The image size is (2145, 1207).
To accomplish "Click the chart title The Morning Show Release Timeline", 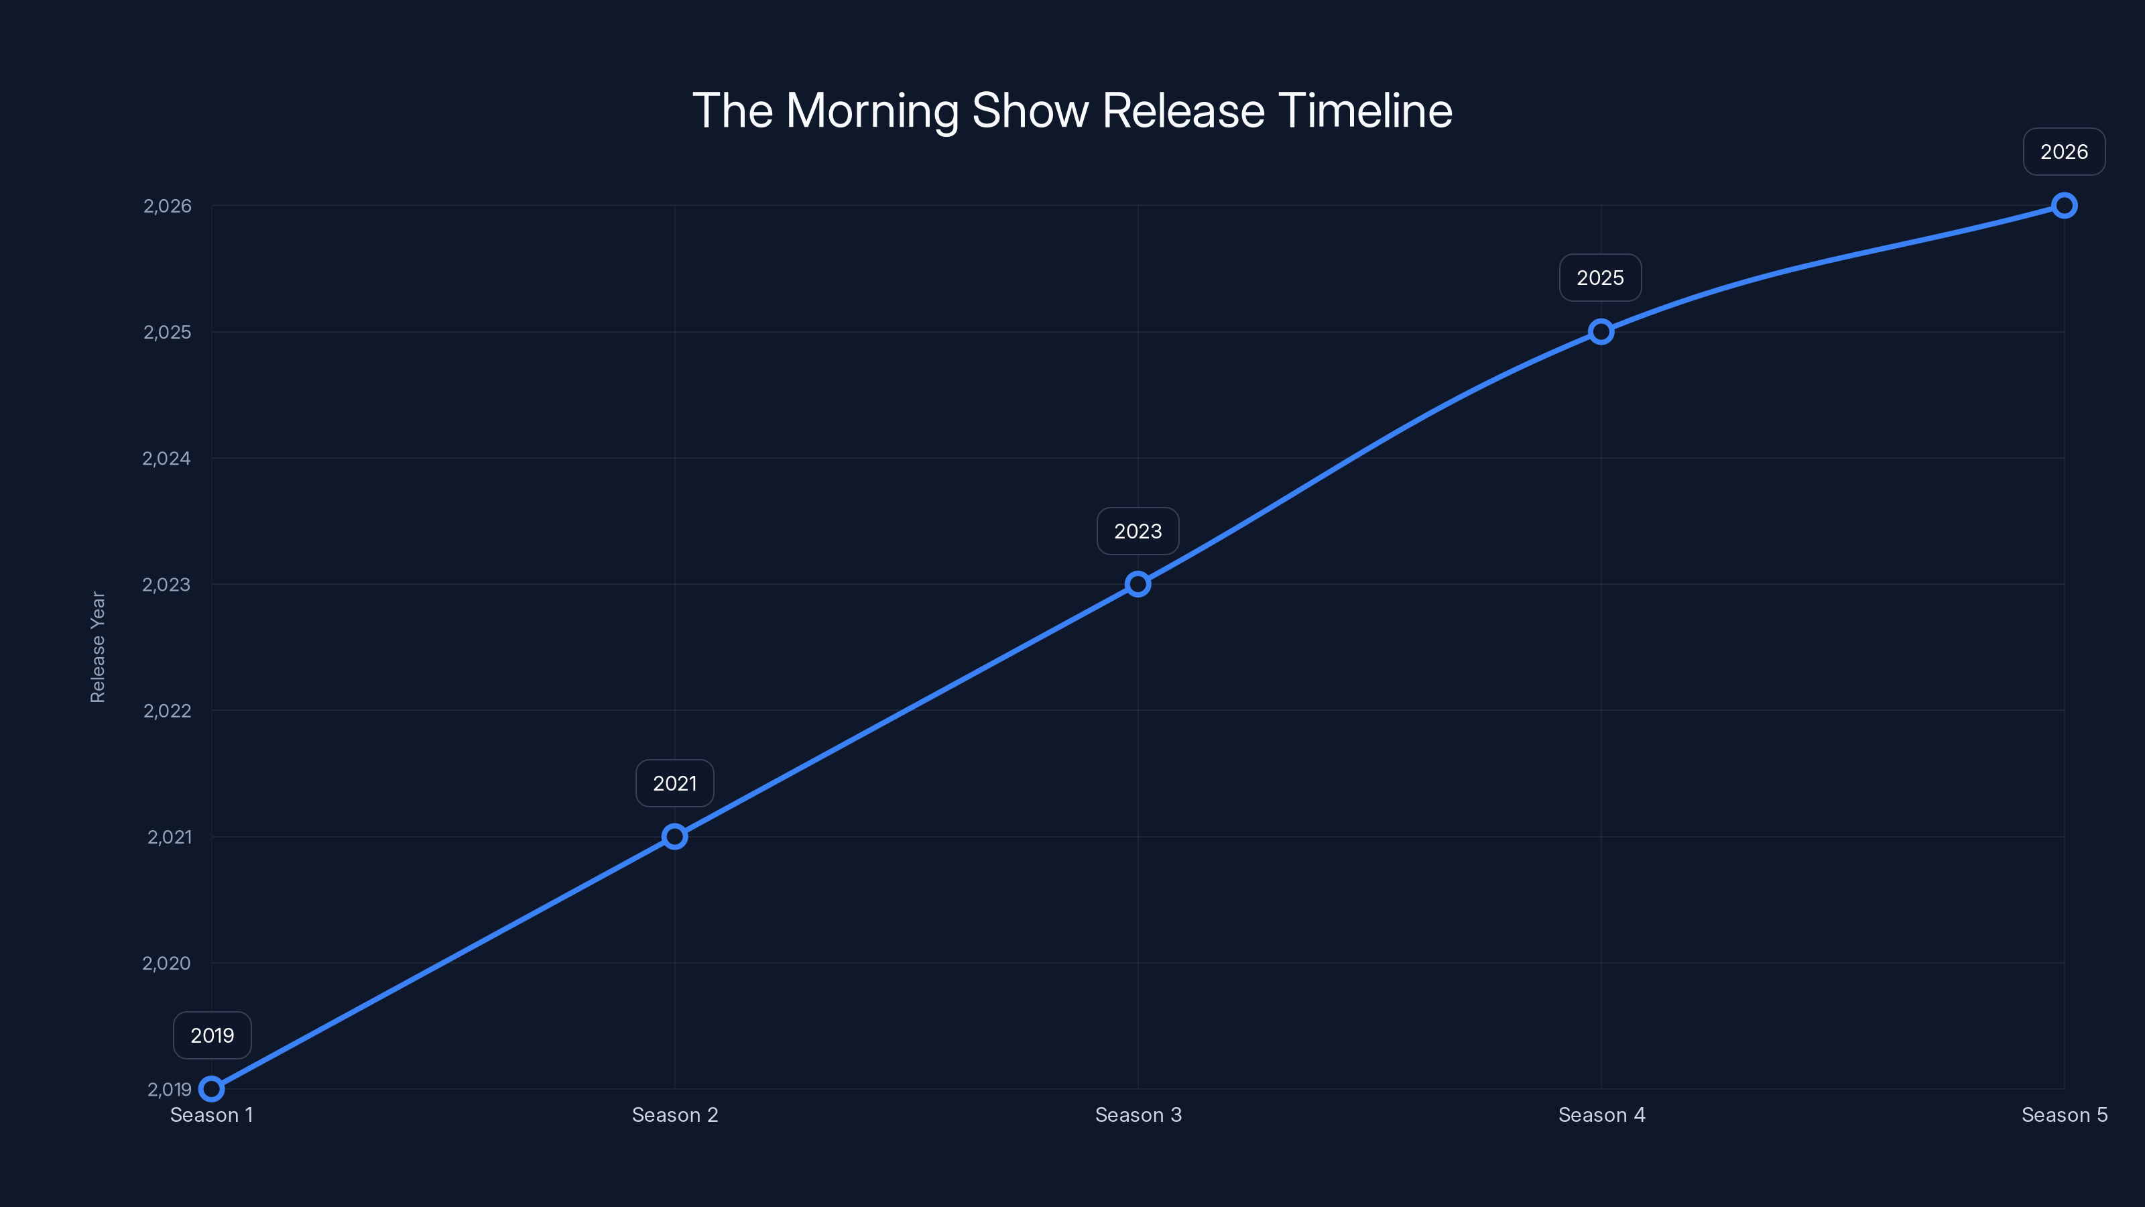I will tap(1072, 111).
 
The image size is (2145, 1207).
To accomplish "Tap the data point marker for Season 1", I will tap(212, 1089).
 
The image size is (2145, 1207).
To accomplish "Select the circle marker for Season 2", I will tap(674, 836).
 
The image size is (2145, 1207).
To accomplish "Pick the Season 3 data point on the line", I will tap(1138, 584).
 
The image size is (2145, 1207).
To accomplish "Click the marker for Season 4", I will tap(1601, 331).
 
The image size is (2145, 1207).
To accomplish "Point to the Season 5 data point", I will tap(2063, 206).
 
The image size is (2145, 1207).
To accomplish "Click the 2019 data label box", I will tap(212, 1035).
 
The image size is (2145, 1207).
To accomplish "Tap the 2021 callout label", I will tap(674, 783).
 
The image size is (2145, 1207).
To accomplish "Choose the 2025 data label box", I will tap(1599, 278).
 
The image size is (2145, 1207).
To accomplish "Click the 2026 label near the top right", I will tap(2063, 152).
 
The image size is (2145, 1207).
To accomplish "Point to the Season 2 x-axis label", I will tap(674, 1114).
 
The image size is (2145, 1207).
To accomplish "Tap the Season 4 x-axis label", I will tap(1601, 1114).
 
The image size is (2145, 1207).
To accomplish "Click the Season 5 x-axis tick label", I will tap(2063, 1114).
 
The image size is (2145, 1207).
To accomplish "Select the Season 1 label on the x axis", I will tap(212, 1114).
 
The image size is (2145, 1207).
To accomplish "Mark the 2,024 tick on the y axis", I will tap(166, 458).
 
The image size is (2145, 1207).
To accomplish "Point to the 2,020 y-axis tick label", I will tap(166, 963).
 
